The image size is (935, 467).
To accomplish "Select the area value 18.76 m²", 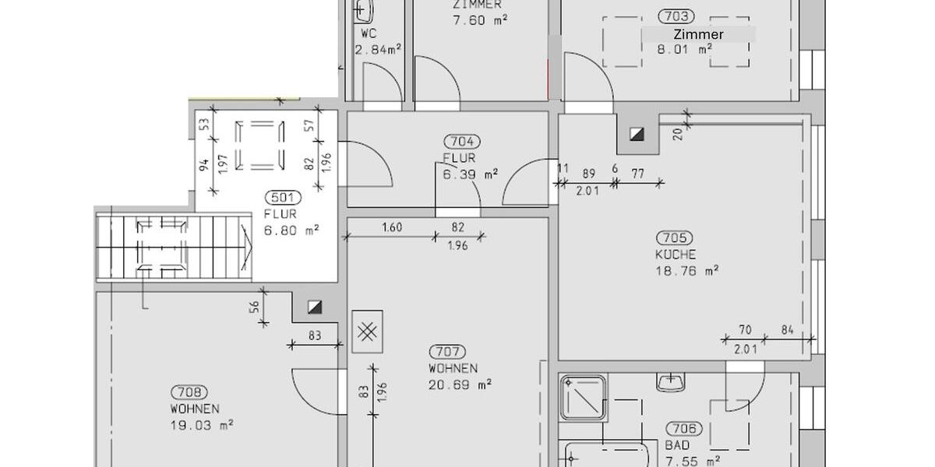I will [x=686, y=271].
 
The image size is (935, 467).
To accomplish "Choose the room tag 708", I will [x=189, y=393].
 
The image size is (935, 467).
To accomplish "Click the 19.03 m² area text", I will [x=202, y=425].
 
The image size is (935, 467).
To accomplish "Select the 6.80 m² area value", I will [x=291, y=230].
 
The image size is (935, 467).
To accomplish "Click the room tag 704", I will [x=462, y=142].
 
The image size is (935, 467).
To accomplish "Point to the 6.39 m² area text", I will [x=471, y=174].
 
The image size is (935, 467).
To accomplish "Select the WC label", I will [x=369, y=34].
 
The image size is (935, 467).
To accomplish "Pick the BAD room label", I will [x=677, y=446].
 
